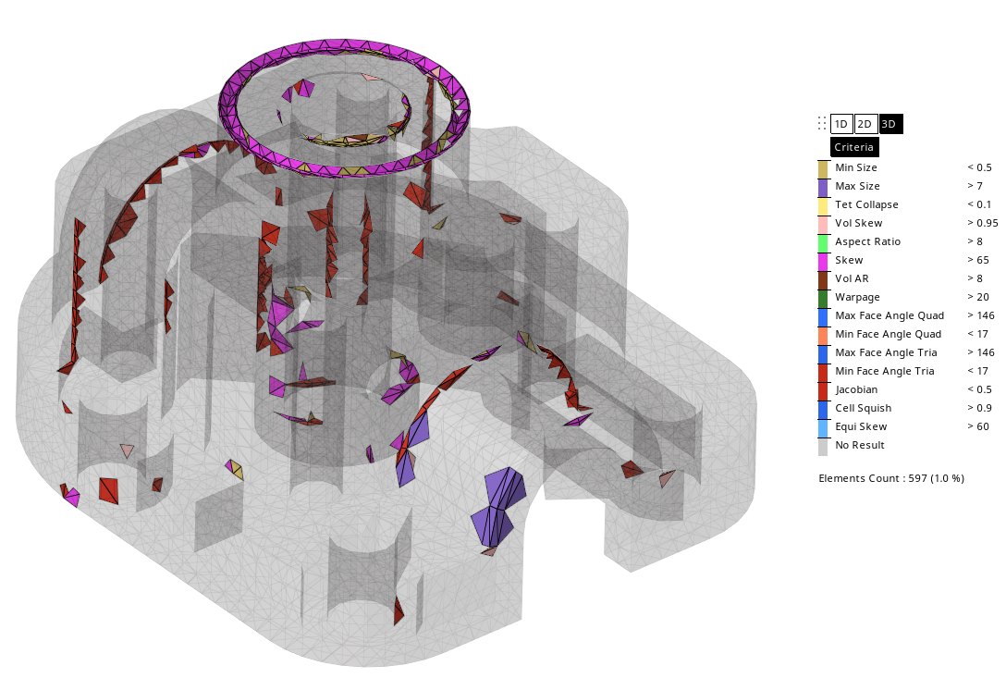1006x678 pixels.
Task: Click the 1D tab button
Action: click(x=841, y=124)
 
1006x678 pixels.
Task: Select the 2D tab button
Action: click(x=865, y=124)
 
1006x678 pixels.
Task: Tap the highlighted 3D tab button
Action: click(x=890, y=124)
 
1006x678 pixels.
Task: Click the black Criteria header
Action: click(x=854, y=147)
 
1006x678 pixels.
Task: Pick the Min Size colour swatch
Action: click(x=823, y=169)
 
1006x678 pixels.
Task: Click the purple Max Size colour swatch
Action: click(x=823, y=188)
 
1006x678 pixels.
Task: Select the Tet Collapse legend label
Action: click(x=866, y=204)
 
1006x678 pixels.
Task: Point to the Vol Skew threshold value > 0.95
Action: click(x=983, y=223)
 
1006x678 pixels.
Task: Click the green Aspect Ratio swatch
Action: click(x=823, y=243)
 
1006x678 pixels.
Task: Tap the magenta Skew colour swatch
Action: click(x=823, y=262)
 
